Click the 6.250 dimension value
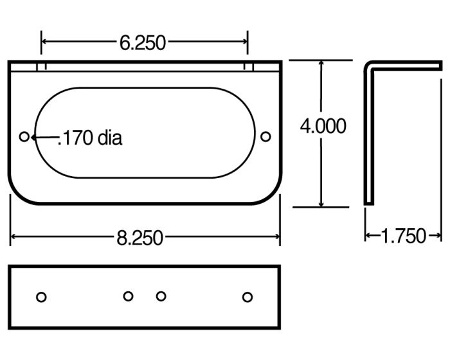coord(142,42)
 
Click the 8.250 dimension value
coord(140,238)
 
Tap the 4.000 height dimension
coord(323,126)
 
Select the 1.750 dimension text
coord(403,237)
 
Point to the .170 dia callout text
coord(90,138)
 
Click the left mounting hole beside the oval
coord(24,136)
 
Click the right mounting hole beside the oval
coord(265,136)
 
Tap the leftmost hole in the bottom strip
coord(41,296)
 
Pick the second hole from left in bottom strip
coord(128,296)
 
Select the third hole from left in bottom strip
coord(161,296)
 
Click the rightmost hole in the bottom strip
coord(248,296)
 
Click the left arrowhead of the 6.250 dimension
coord(45,42)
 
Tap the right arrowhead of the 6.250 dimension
coord(244,42)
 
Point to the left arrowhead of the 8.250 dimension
coord(14,238)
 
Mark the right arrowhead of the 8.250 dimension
coord(277,238)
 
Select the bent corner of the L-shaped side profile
coord(368,65)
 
